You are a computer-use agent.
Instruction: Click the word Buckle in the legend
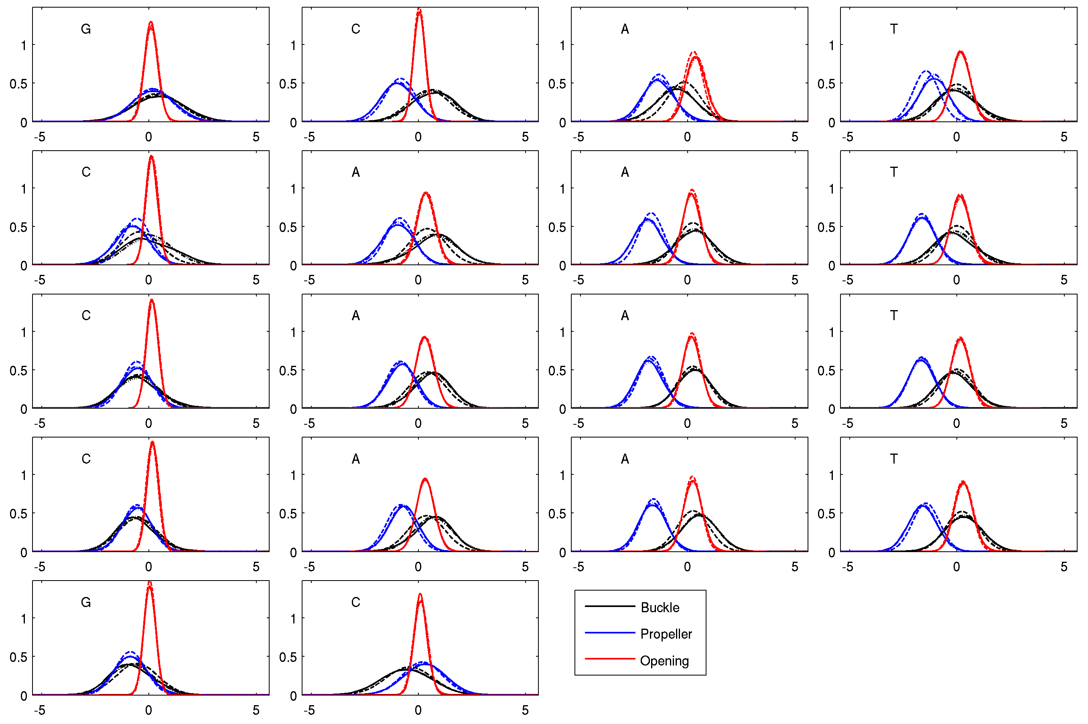[x=660, y=608]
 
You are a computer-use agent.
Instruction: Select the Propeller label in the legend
[x=666, y=634]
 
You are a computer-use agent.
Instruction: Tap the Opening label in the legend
[x=664, y=661]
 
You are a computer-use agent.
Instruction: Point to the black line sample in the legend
[x=610, y=606]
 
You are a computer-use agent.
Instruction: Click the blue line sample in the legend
[x=610, y=633]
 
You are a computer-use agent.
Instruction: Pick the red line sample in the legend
[x=610, y=659]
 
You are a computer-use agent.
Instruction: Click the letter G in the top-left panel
[x=86, y=29]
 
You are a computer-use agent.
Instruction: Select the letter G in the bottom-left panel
[x=86, y=603]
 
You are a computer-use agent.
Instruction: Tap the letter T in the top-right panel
[x=894, y=29]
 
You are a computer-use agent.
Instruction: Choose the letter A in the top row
[x=625, y=29]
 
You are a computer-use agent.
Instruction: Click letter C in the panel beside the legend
[x=355, y=603]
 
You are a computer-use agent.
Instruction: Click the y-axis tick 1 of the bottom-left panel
[x=24, y=619]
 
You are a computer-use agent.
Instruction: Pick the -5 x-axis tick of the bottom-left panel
[x=40, y=710]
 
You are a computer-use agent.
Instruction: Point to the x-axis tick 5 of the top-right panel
[x=1064, y=137]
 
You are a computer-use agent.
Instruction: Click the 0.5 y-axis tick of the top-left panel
[x=18, y=84]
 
